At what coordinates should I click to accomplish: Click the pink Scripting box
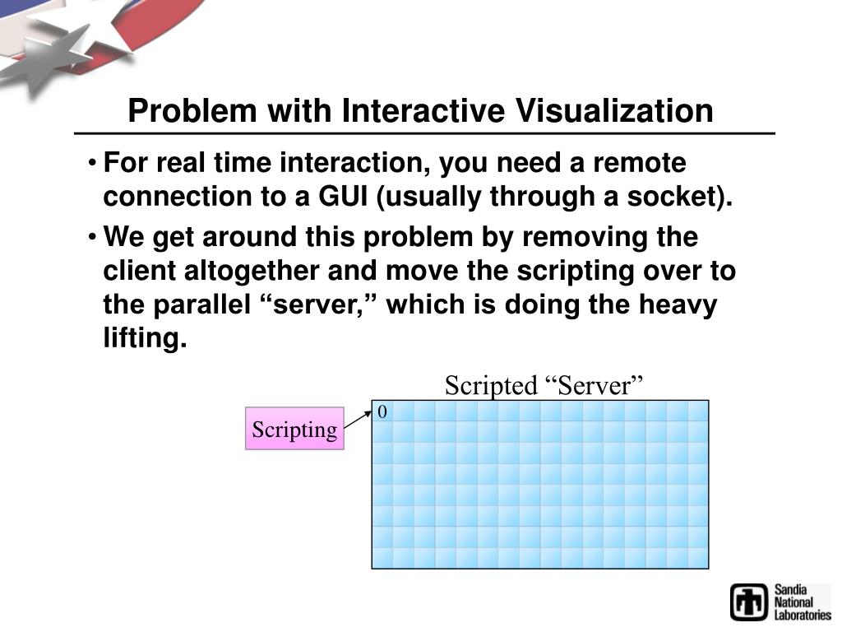coord(294,429)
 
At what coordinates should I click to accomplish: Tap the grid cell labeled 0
coord(382,411)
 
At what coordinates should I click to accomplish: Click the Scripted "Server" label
coord(543,385)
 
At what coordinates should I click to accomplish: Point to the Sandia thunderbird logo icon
coord(749,602)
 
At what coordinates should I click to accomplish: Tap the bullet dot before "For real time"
coord(95,163)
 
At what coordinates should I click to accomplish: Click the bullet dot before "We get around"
coord(95,237)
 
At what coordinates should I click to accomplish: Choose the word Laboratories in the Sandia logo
coord(802,615)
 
